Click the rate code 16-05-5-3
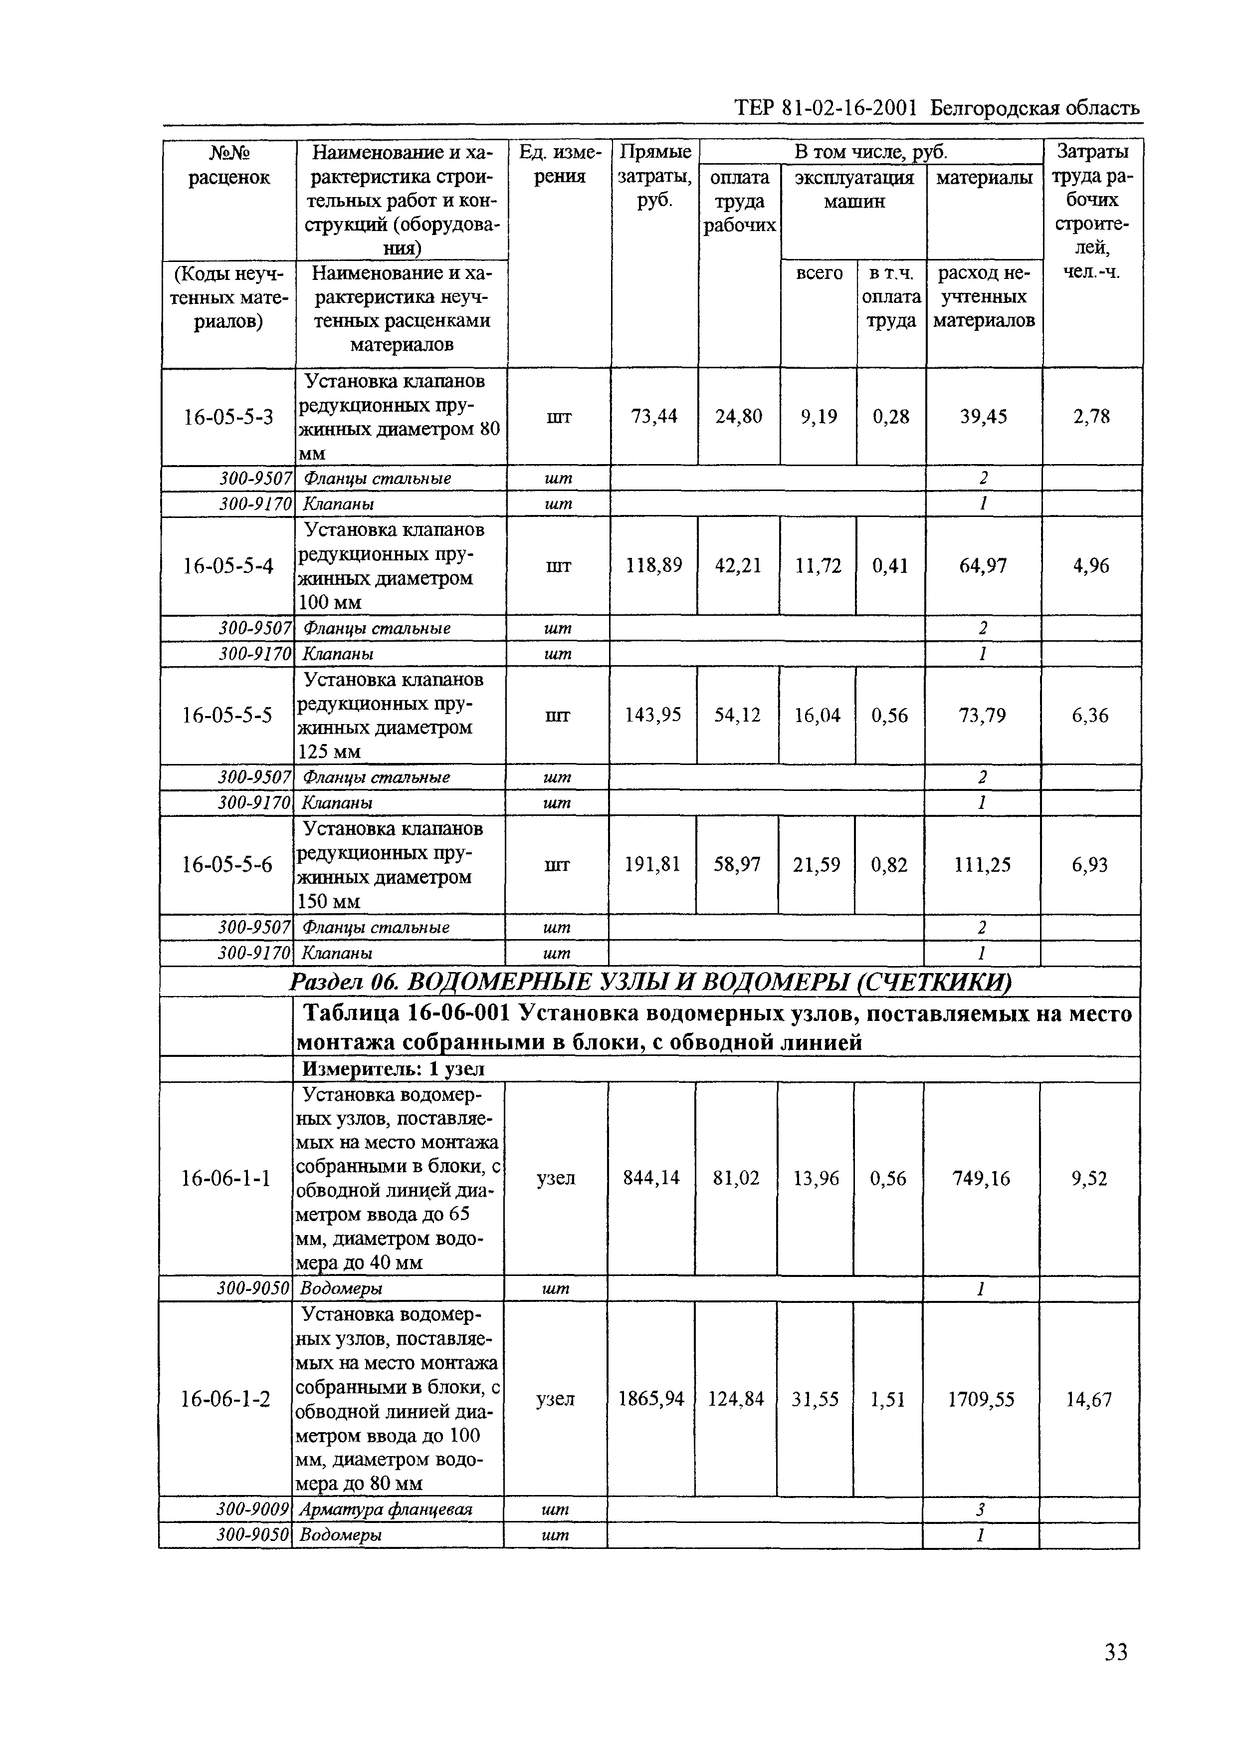(228, 417)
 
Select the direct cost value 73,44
(654, 417)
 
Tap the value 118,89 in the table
(654, 566)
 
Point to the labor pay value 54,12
(737, 715)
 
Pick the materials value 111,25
(982, 865)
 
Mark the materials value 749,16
(981, 1178)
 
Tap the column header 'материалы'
(984, 178)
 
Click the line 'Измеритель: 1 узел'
(393, 1069)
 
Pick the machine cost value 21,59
(817, 865)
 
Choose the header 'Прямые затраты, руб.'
(654, 176)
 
